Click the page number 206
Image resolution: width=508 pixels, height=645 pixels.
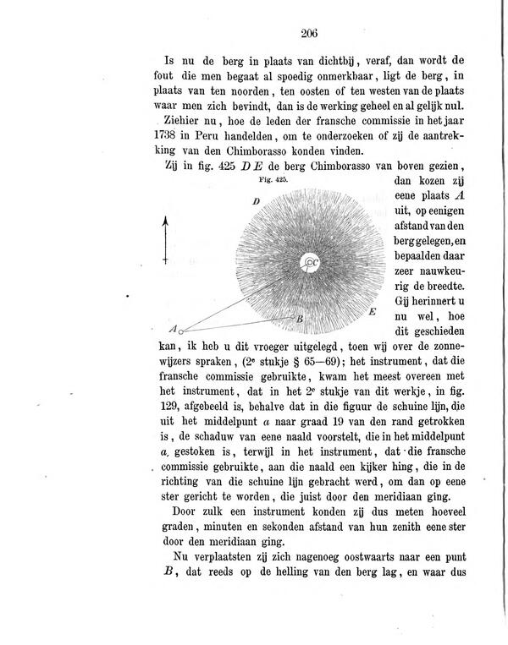pos(307,34)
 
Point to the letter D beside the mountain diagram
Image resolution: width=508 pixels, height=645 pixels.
pos(255,201)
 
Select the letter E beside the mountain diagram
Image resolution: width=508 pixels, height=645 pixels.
pos(373,312)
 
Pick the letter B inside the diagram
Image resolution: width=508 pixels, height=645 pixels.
pos(299,319)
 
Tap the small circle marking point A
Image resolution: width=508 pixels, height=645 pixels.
pos(180,331)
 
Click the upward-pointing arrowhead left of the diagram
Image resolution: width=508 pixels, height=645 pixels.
pos(166,221)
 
